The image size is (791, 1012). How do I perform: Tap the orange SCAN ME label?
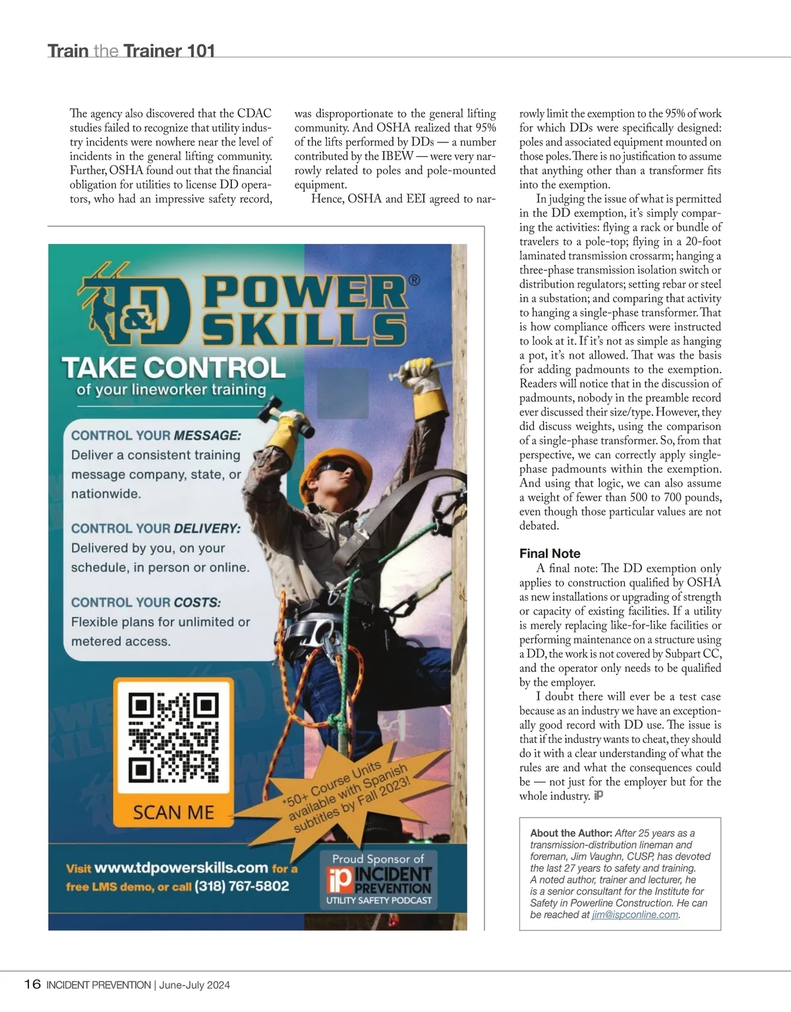[173, 812]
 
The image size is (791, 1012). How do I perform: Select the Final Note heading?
[550, 553]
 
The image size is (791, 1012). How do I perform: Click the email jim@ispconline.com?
[635, 914]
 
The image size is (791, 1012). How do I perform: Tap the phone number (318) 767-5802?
[242, 886]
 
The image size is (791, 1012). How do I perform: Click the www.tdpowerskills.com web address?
[181, 868]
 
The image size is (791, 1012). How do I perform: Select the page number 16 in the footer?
[32, 984]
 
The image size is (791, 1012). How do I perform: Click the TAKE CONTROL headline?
[174, 367]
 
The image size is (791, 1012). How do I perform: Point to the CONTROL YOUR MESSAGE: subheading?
[156, 435]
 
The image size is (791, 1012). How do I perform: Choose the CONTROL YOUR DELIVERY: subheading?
[156, 528]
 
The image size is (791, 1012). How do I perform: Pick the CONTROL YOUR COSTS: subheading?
[146, 602]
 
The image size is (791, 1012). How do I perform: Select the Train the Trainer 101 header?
[131, 51]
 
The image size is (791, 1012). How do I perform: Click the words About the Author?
[571, 833]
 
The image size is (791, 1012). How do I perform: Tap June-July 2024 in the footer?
[194, 985]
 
